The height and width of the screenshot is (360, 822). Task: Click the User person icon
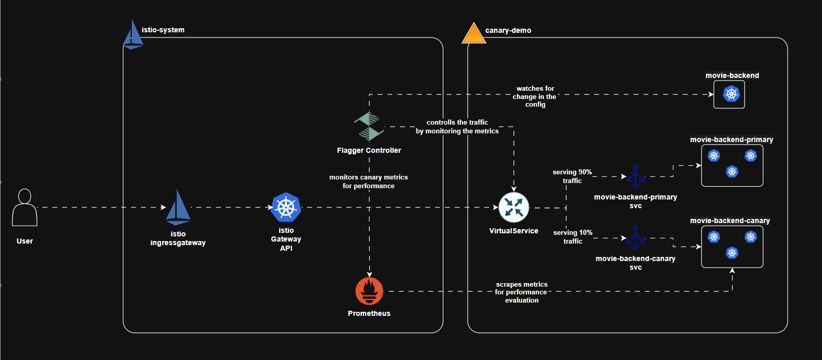click(x=25, y=208)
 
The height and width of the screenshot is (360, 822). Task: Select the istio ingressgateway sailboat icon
click(x=178, y=208)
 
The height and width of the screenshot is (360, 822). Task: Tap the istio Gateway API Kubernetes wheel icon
click(x=286, y=207)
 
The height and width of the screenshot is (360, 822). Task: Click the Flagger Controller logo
click(x=369, y=126)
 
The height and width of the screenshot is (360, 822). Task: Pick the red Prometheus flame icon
click(x=369, y=291)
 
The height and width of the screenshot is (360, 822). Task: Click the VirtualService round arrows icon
click(x=514, y=207)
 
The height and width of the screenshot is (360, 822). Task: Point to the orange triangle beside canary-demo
click(x=473, y=34)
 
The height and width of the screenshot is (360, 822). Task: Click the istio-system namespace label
click(x=163, y=30)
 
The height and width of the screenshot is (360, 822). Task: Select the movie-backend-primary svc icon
click(x=635, y=176)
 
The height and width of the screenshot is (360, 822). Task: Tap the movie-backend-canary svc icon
click(x=635, y=238)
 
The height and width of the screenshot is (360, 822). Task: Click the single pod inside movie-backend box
click(x=731, y=94)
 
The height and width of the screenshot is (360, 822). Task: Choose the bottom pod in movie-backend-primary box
click(x=732, y=171)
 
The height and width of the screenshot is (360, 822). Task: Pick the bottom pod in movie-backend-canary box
click(x=732, y=253)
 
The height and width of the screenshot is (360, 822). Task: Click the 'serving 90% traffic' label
click(x=572, y=176)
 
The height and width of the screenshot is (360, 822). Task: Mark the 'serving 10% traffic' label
click(x=573, y=237)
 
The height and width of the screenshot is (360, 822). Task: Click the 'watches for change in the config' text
click(x=535, y=96)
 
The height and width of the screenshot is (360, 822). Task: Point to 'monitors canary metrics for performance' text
click(x=369, y=182)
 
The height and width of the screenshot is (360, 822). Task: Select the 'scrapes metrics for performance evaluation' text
click(x=522, y=292)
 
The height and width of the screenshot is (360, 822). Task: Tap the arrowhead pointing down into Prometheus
click(x=369, y=274)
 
